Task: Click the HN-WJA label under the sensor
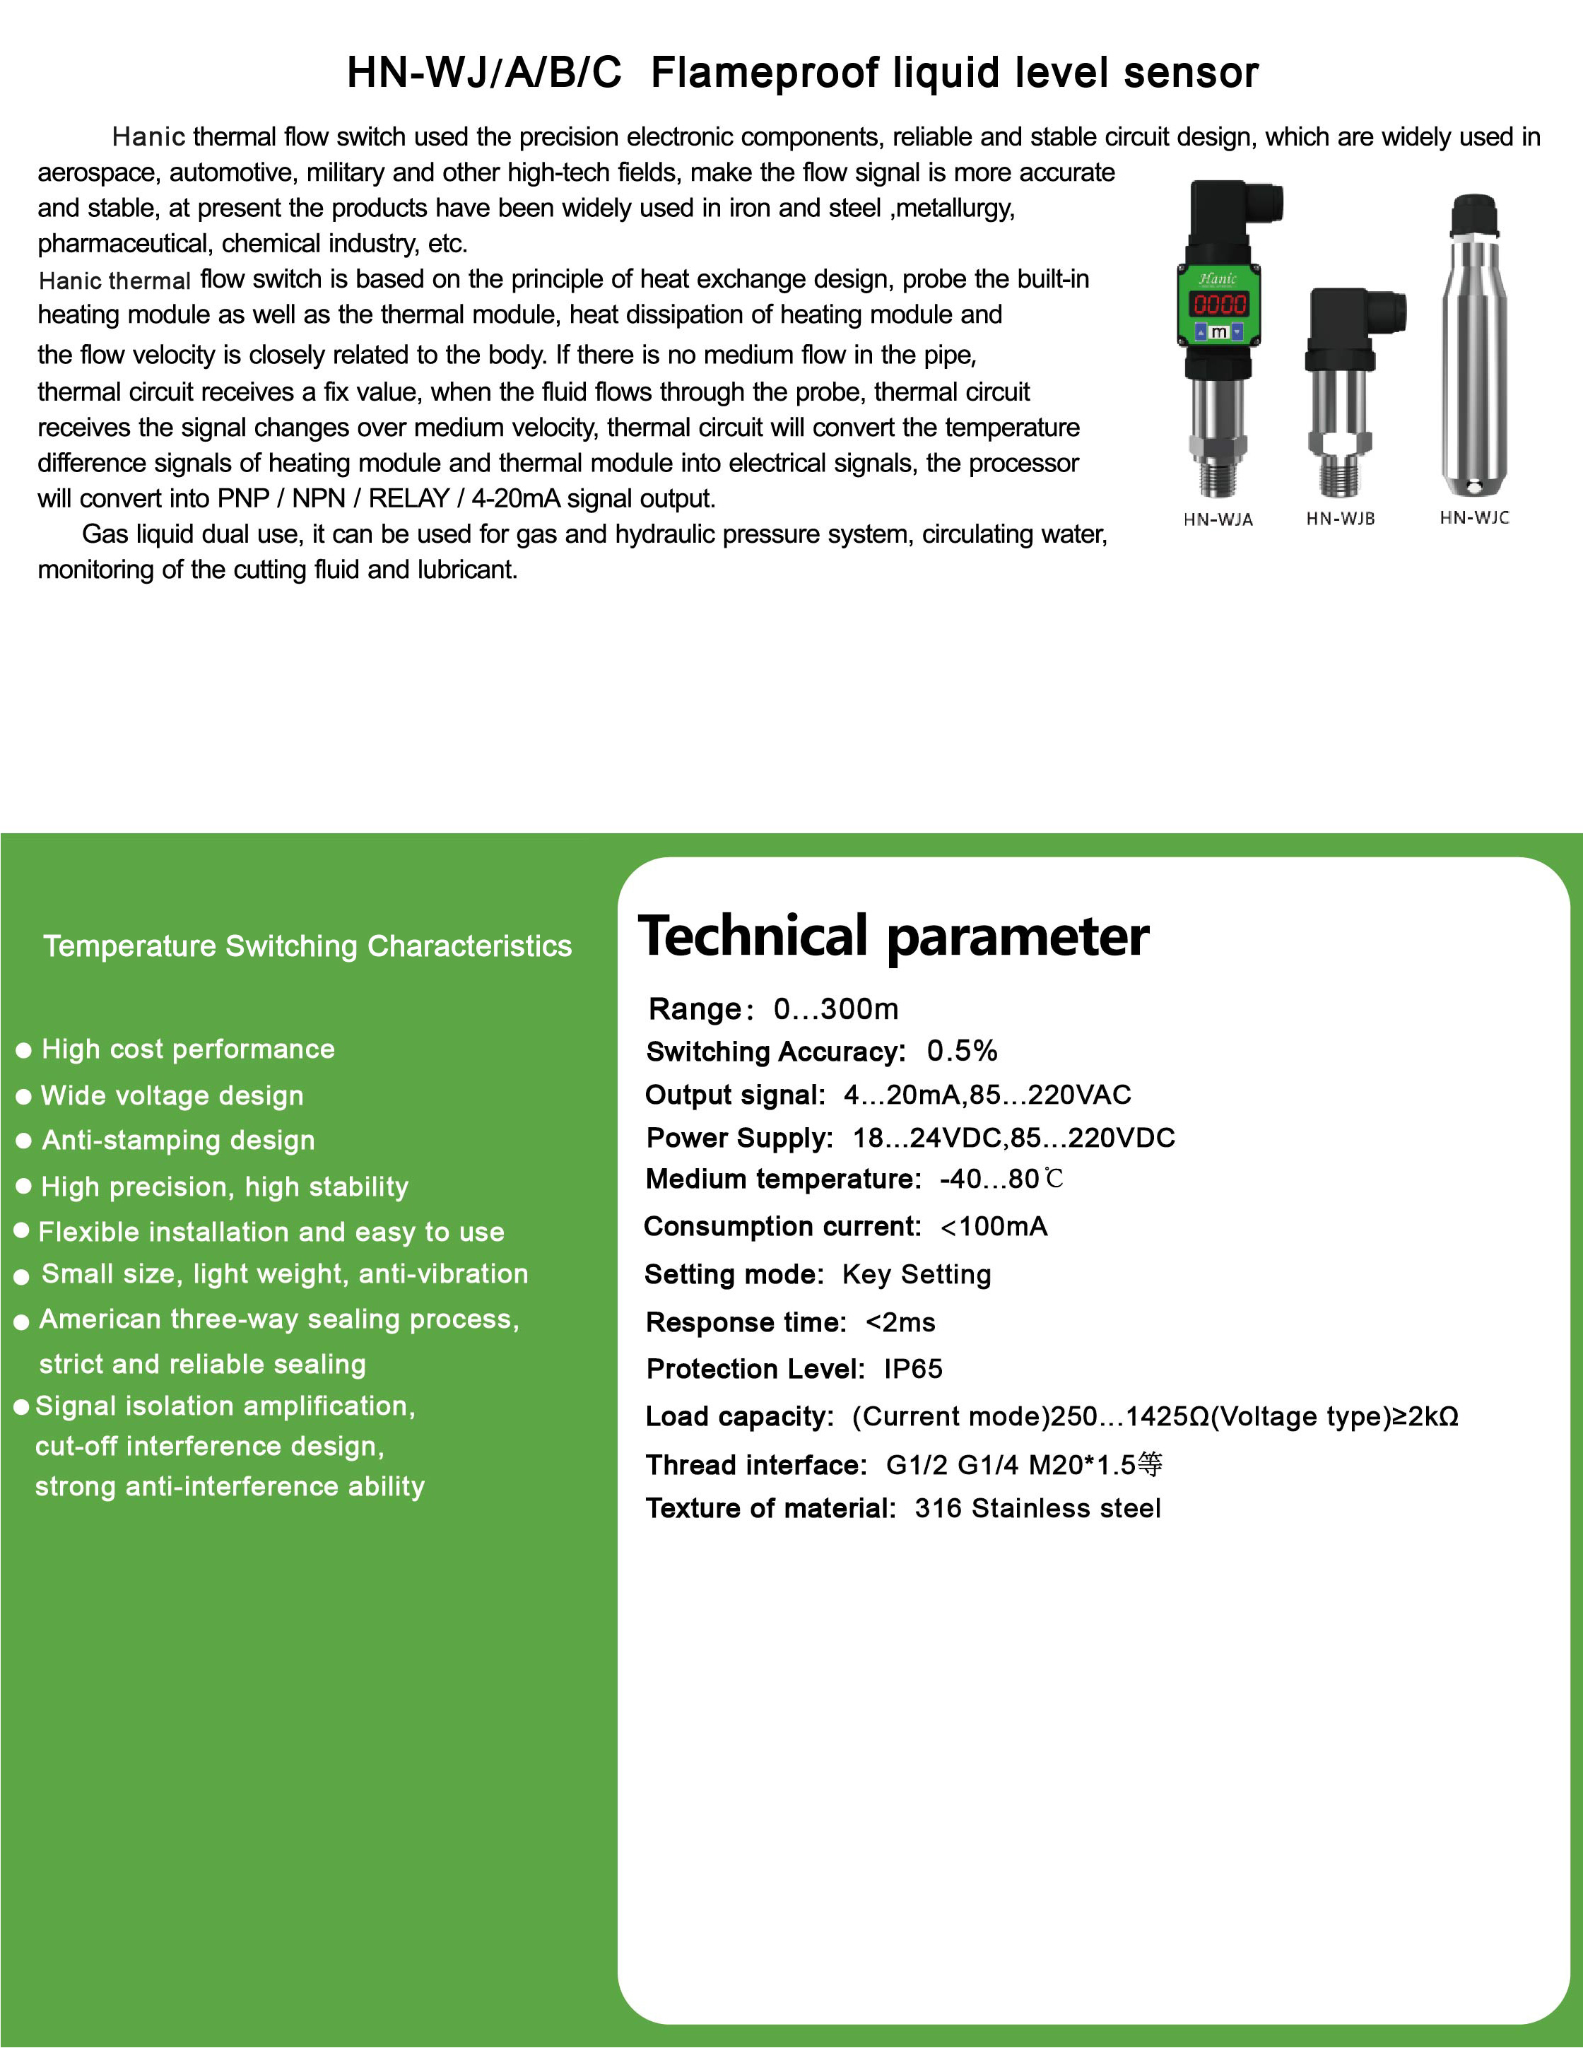(1217, 519)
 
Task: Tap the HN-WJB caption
(1340, 519)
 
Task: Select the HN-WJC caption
(1474, 517)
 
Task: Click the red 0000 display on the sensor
(1218, 304)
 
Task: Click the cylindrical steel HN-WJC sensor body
(1473, 375)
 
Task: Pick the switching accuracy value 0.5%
(961, 1051)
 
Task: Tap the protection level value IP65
(912, 1369)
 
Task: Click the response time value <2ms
(900, 1322)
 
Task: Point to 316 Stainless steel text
(1037, 1508)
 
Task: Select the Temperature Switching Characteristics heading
(307, 946)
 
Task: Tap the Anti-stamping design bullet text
(178, 1141)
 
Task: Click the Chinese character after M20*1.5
(1150, 1464)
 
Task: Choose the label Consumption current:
(782, 1227)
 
